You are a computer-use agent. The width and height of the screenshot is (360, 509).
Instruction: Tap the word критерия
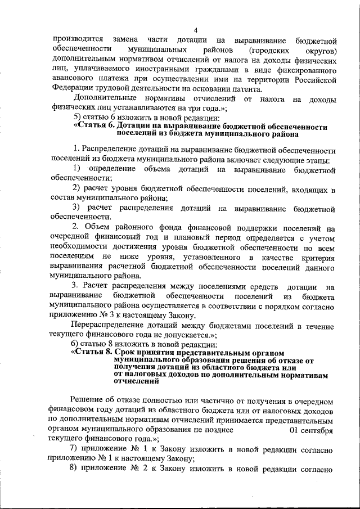[318, 258]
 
